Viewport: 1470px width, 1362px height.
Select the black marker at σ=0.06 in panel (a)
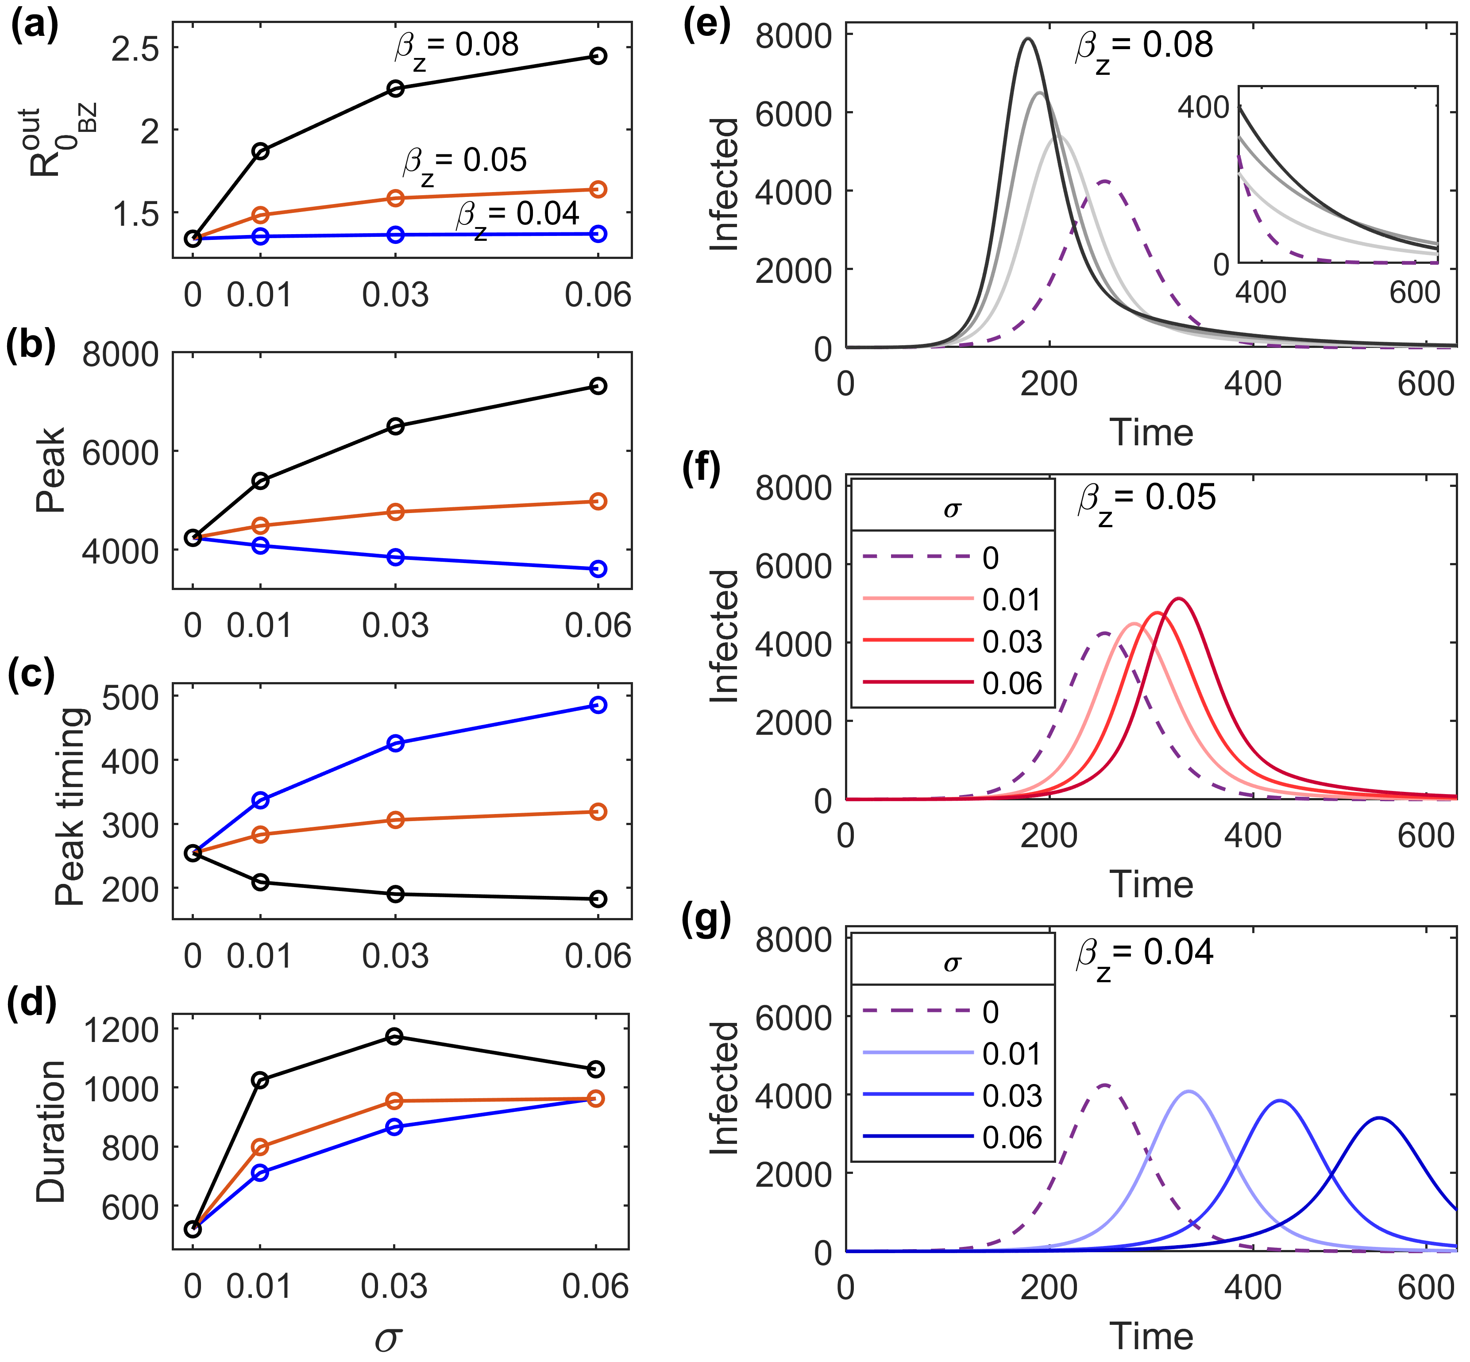[598, 56]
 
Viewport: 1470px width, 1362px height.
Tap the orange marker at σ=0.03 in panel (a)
[396, 197]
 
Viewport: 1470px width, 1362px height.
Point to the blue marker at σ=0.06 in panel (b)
[598, 568]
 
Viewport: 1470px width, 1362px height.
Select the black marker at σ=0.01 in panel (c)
[260, 882]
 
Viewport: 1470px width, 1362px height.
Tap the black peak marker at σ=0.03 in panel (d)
[395, 1036]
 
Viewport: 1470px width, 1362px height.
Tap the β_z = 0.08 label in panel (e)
[1144, 47]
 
